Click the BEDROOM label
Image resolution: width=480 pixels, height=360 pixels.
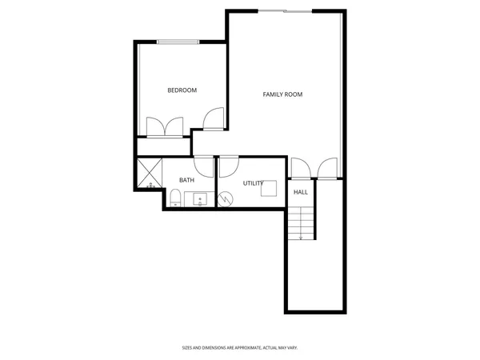[182, 90]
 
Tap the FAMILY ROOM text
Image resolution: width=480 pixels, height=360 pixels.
[282, 94]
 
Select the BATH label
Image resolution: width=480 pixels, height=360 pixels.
[186, 180]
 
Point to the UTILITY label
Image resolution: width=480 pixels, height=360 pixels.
[253, 183]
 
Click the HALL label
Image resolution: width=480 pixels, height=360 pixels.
[301, 192]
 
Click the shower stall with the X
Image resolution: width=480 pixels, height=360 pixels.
[149, 173]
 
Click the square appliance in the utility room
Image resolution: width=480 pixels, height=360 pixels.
[270, 189]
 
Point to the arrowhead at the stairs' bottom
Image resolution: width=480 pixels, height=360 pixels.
[301, 238]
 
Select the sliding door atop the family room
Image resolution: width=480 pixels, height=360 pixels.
[285, 11]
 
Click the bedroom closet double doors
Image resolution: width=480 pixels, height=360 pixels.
[165, 128]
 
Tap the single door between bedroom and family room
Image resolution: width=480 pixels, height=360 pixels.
[214, 119]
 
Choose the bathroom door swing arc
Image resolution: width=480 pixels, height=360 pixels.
[204, 166]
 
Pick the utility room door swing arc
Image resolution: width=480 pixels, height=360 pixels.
[229, 166]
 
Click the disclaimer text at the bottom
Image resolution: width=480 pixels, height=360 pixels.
[240, 348]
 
